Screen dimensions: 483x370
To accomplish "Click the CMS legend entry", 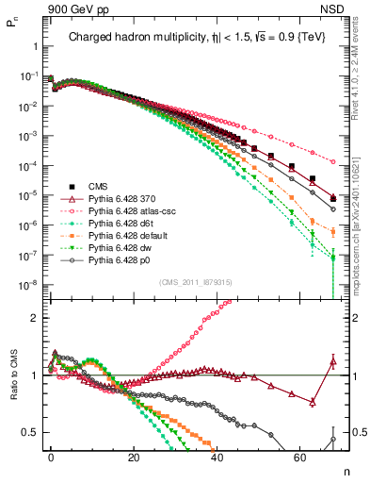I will point(103,187).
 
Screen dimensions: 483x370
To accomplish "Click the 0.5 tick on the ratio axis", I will point(33,432).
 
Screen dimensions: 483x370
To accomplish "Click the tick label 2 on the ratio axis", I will point(36,318).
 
